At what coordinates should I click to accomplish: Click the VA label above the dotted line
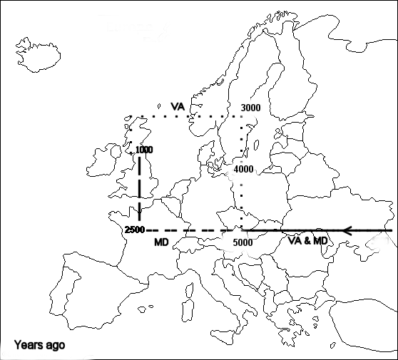coord(178,106)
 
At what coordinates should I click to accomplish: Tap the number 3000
coord(250,108)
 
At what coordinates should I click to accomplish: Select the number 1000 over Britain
coord(143,150)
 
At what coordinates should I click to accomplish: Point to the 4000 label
coord(243,170)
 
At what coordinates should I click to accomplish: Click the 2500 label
coord(134,230)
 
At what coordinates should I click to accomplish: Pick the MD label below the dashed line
coord(161,243)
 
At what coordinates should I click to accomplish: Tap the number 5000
coord(243,242)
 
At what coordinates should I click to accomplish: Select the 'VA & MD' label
coord(308,241)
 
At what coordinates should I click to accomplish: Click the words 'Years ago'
coord(39,345)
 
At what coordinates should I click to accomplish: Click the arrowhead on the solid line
coord(347,230)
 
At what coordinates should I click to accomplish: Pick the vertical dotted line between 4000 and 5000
coord(243,203)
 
